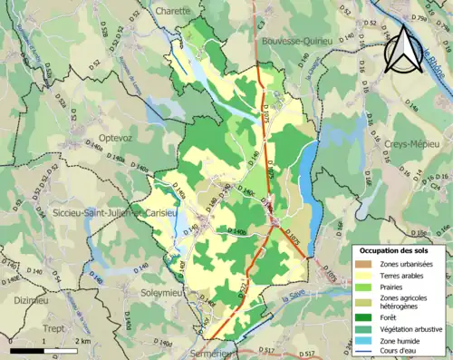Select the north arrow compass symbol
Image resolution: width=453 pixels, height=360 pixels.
click(x=402, y=52)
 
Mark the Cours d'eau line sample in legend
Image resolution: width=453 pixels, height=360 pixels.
click(x=367, y=351)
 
